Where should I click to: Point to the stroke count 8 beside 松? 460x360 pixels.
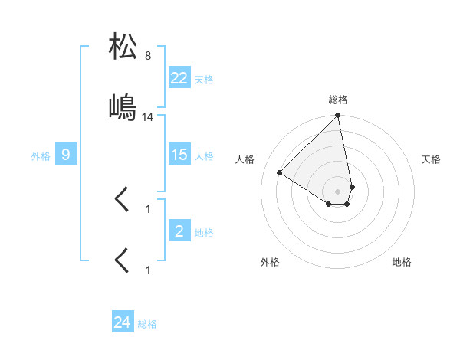[148, 56]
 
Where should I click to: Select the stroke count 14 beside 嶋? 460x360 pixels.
[148, 117]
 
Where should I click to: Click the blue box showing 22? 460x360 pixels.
[179, 77]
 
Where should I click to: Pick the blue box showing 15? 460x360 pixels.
[179, 155]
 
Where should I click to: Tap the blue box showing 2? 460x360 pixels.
[179, 231]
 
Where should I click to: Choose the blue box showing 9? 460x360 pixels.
[66, 155]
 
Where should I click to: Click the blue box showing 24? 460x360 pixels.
[122, 322]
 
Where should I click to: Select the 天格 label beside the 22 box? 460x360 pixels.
[204, 79]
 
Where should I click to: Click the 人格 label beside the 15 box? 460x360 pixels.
[204, 155]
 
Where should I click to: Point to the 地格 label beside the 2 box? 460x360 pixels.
[204, 232]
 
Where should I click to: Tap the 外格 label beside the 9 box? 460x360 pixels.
[41, 155]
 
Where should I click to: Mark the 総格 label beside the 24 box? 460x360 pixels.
[147, 324]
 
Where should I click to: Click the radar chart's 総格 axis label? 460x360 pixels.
[338, 100]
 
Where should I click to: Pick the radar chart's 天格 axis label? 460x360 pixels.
[432, 159]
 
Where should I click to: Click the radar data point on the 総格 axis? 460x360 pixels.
[338, 116]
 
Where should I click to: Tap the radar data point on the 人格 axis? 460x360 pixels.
[280, 173]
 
